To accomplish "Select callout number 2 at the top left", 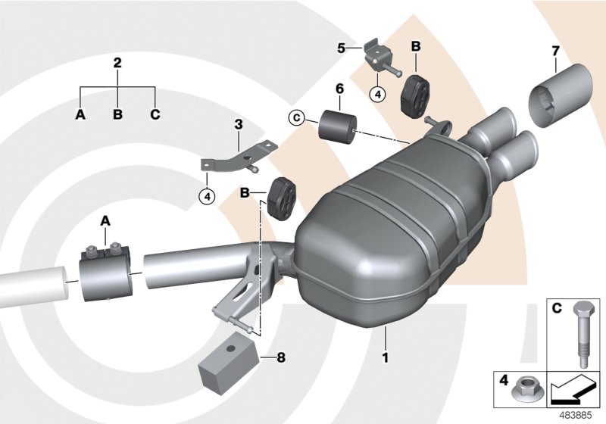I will point(117,62).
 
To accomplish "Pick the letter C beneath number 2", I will point(156,115).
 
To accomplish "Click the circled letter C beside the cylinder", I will point(296,117).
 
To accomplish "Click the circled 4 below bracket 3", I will point(207,196).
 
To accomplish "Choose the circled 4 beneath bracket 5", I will point(377,95).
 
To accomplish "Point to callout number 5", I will point(342,48).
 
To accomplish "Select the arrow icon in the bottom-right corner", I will point(573,392).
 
